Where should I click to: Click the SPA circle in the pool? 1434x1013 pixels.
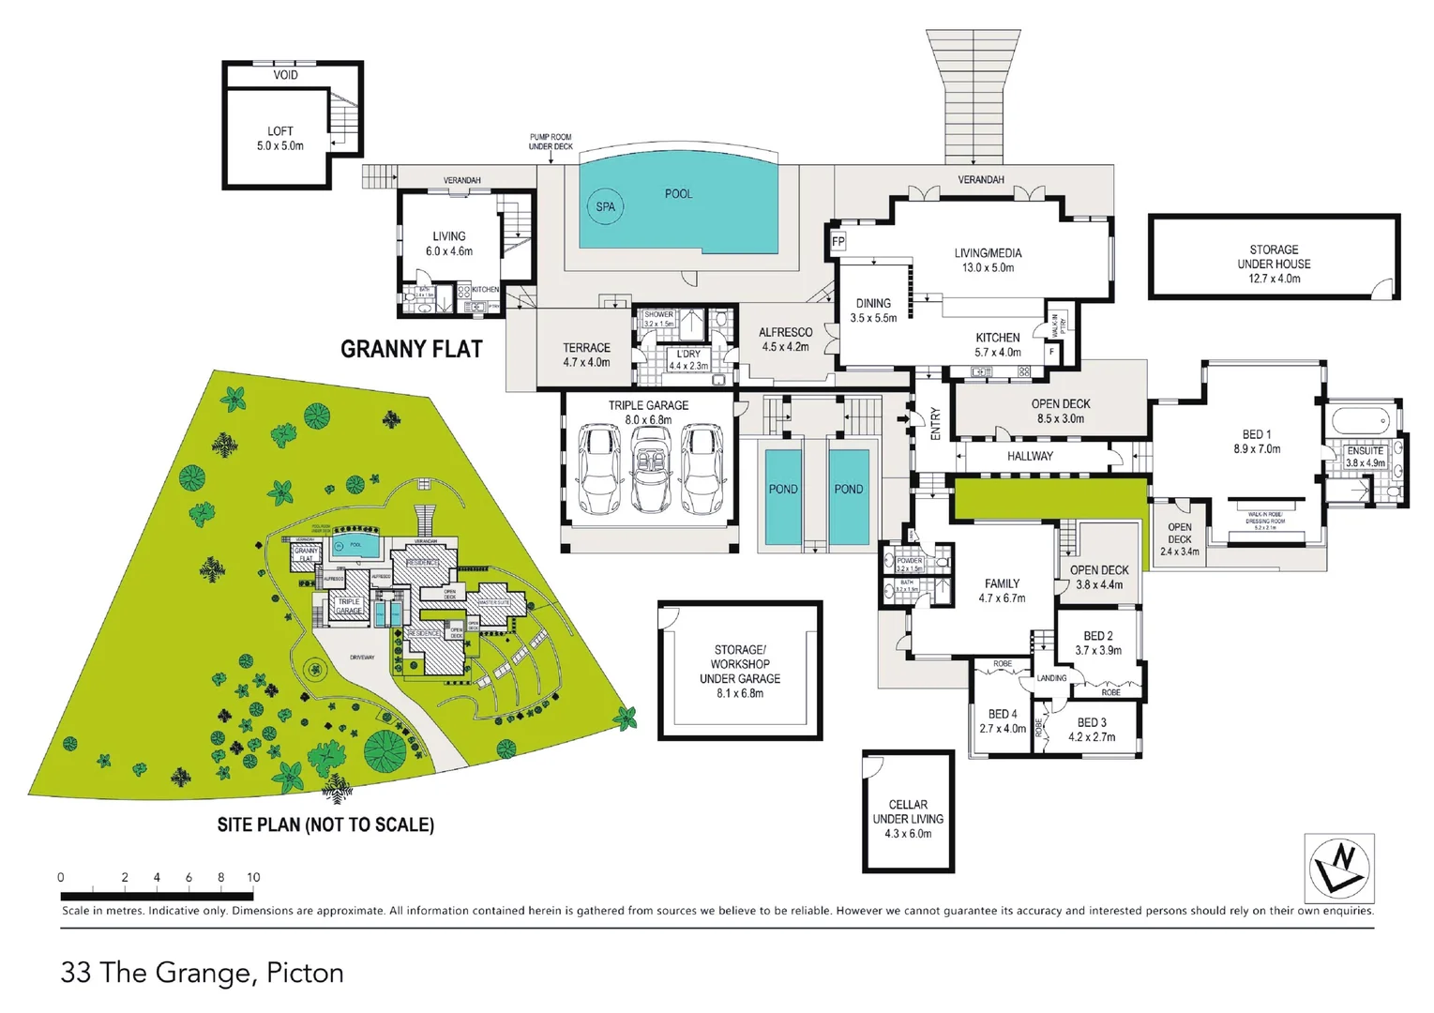click(605, 206)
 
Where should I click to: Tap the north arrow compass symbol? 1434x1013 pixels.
click(1339, 868)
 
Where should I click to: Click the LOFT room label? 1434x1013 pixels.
click(279, 131)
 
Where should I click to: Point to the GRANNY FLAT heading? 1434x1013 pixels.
click(411, 349)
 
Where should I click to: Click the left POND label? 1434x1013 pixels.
click(783, 489)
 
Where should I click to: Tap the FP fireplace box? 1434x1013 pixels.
click(838, 242)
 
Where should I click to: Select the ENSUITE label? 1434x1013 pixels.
click(1365, 450)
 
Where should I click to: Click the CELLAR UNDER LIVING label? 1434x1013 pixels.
click(908, 818)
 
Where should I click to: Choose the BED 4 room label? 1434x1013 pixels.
click(1002, 714)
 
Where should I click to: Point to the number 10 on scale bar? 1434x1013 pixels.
click(253, 878)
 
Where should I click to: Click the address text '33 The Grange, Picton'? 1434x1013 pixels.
click(202, 973)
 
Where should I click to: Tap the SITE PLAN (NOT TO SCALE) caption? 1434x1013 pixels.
click(325, 824)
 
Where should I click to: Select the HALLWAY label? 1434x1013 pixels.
click(1030, 456)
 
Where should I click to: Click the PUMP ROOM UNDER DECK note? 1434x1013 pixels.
click(551, 142)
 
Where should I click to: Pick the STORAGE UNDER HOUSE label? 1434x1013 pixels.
click(1274, 257)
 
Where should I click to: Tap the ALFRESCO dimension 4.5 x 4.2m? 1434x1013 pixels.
click(785, 347)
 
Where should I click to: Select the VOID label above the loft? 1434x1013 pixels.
click(285, 75)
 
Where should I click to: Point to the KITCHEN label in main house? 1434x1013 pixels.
click(998, 338)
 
